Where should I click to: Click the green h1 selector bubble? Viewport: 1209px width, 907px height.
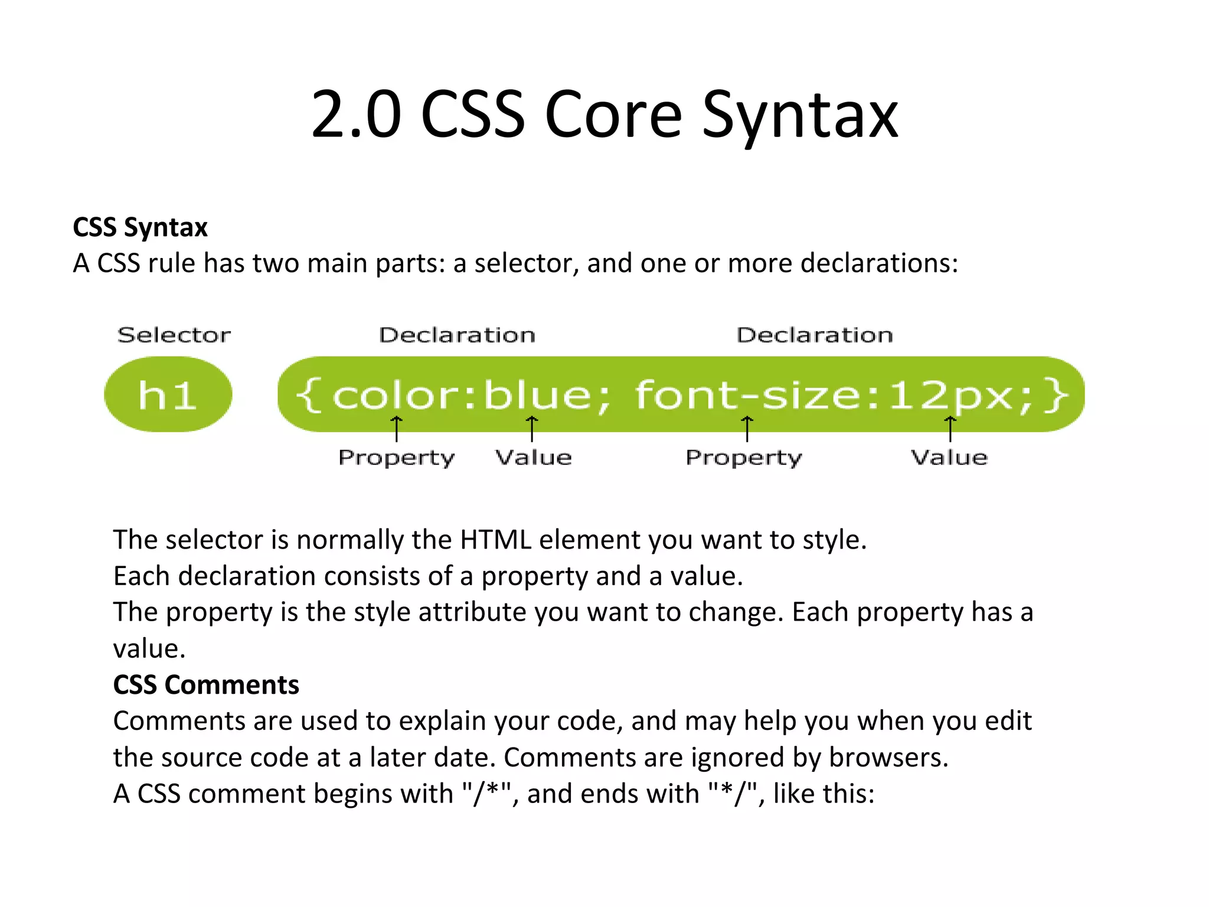point(168,394)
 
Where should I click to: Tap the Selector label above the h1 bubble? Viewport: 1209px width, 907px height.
point(174,335)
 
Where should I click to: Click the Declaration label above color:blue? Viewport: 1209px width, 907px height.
point(458,335)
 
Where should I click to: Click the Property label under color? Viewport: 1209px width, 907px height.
point(397,458)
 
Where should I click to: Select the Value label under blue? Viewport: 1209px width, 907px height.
point(534,458)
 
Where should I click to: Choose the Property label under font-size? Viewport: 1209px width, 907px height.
point(744,458)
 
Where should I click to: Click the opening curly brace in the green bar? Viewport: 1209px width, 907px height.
point(308,395)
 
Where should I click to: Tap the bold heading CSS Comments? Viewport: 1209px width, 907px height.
point(206,685)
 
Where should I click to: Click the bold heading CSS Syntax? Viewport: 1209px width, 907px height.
point(140,227)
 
